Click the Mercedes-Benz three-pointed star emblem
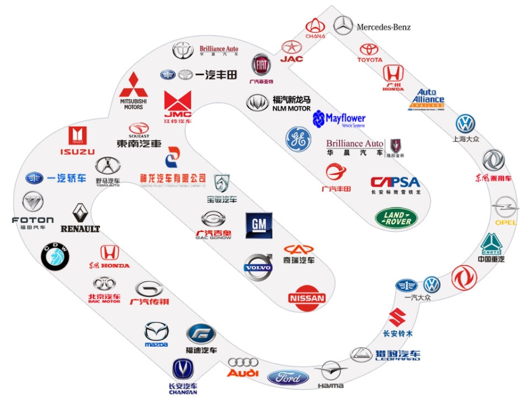pos(343,25)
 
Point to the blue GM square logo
pos(258,225)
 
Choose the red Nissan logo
pos(306,297)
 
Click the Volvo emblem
pos(258,268)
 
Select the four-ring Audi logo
pos(243,363)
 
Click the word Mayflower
pos(345,118)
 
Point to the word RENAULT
pos(80,229)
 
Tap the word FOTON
pos(33,220)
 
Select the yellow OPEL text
pos(506,222)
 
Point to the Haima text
pos(330,386)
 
